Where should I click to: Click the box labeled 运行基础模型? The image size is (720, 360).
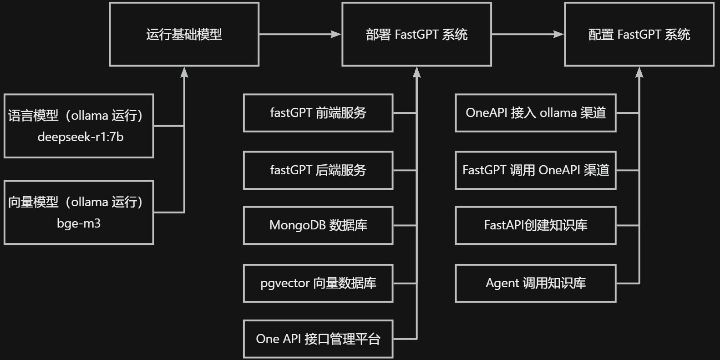184,34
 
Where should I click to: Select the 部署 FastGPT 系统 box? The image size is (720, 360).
416,34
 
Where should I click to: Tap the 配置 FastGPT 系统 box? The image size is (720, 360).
639,34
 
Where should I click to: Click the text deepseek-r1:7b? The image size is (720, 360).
80,137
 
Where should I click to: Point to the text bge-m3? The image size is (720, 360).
79,223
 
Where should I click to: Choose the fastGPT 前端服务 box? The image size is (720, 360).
318,113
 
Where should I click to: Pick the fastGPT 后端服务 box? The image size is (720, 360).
318,170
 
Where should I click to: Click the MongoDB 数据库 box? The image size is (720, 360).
318,225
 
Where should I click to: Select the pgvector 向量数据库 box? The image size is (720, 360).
318,283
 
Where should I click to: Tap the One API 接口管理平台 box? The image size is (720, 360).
318,339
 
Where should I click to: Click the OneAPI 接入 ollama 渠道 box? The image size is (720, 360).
536,113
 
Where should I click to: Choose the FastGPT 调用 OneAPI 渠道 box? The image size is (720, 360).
536,170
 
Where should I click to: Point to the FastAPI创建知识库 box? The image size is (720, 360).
536,225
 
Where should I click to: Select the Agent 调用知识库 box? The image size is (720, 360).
536,283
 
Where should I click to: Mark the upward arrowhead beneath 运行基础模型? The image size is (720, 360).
184,72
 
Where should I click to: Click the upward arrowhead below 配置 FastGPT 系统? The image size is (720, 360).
639,72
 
